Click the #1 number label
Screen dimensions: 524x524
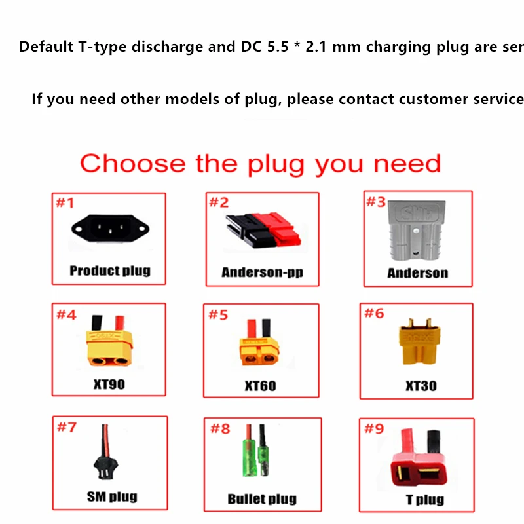coord(65,202)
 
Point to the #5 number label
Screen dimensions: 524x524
coord(218,315)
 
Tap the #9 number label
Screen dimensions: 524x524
coord(374,429)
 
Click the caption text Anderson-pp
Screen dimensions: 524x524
coord(262,272)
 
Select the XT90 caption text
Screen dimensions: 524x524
coord(109,384)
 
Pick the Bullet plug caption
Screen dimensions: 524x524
coord(262,499)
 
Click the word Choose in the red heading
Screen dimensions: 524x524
coord(132,163)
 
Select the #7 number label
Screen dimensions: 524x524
coord(67,428)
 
